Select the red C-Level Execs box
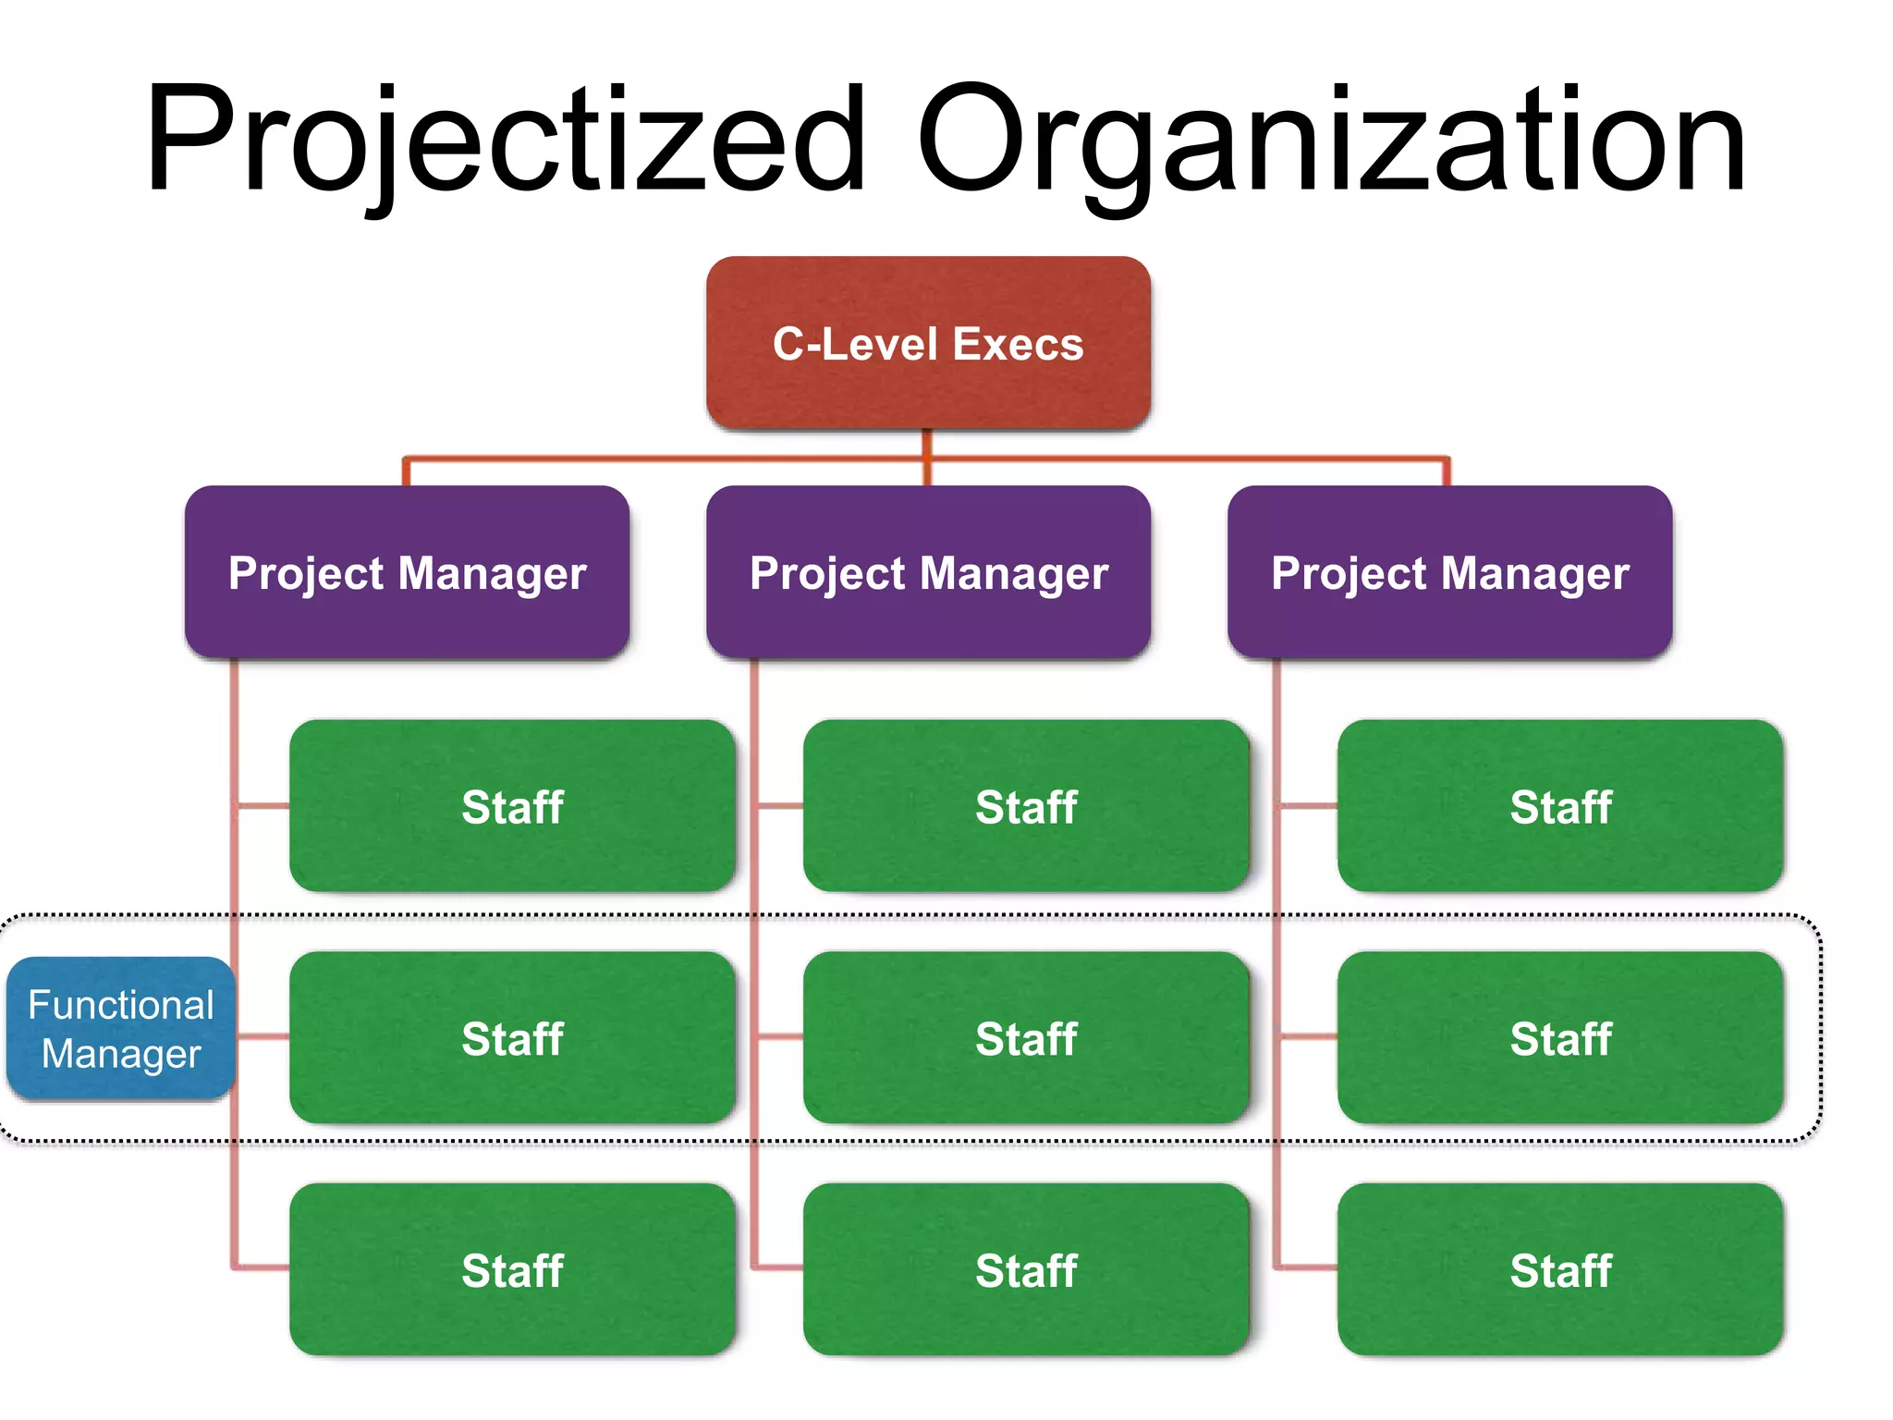tap(928, 343)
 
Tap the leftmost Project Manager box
tap(407, 572)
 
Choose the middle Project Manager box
tap(928, 572)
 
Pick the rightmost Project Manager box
tap(1449, 572)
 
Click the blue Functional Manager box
tap(121, 1028)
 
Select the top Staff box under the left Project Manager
tap(512, 806)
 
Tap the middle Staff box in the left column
tap(512, 1037)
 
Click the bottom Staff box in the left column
tap(512, 1269)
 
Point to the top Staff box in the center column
tap(1026, 806)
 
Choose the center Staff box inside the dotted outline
tap(1026, 1037)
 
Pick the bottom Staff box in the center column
tap(1026, 1269)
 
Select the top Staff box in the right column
tap(1560, 806)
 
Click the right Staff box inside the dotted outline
tap(1560, 1037)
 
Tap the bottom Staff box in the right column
tap(1560, 1269)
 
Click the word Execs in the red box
tap(1018, 344)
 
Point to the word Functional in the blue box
tap(121, 1005)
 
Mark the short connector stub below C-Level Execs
tap(927, 443)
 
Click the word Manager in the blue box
tap(121, 1054)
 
